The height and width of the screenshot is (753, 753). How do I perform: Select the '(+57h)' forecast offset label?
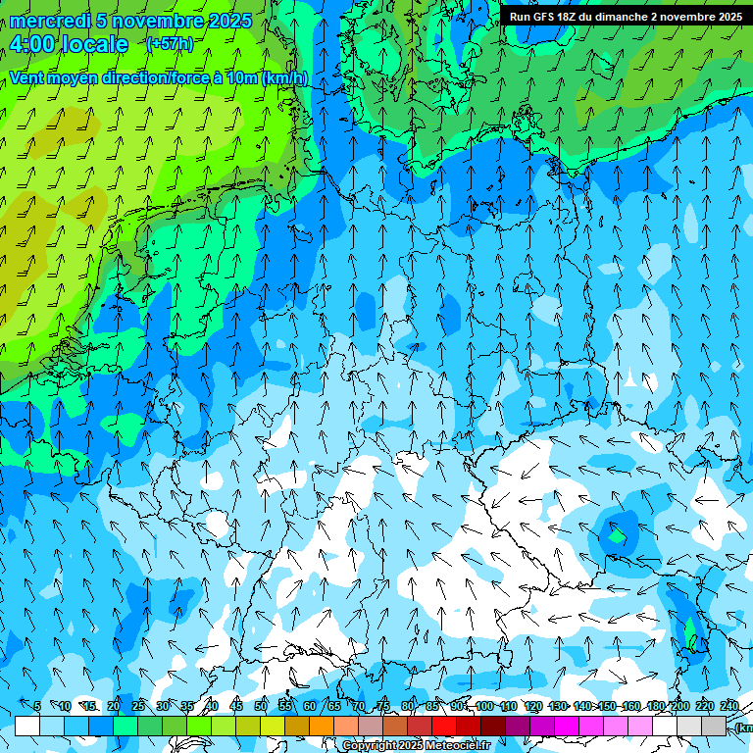[170, 44]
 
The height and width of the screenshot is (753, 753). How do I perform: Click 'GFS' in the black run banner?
[542, 17]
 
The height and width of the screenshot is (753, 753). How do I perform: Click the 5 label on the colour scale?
[37, 706]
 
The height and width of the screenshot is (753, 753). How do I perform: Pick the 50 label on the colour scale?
[260, 706]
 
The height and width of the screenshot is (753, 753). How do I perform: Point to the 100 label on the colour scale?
[483, 706]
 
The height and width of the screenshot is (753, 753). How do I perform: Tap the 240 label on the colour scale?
[728, 706]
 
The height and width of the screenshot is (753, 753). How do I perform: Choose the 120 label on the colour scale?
[532, 706]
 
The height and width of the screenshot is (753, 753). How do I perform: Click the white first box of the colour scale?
[27, 726]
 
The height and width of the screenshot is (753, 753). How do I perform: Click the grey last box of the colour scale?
[714, 726]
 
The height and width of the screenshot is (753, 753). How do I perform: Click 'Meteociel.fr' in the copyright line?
[458, 746]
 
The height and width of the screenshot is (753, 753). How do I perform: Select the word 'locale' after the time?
[96, 44]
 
